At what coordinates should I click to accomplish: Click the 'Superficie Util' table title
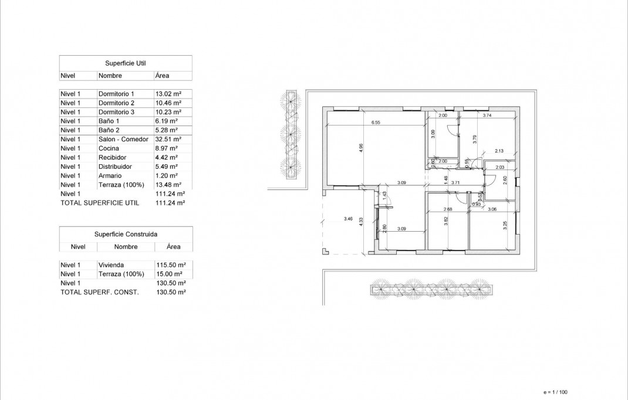point(126,63)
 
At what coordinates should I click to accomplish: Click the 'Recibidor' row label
point(112,158)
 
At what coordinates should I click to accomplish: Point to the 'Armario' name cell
point(110,176)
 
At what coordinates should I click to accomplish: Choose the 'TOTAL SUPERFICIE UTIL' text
point(100,203)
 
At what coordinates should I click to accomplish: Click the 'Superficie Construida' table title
point(126,233)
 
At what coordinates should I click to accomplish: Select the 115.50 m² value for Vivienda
point(170,265)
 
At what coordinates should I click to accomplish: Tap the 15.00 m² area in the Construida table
point(168,274)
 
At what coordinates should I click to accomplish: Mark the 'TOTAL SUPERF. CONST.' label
point(100,292)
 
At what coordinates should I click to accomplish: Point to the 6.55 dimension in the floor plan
point(376,123)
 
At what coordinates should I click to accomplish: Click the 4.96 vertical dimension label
point(361,148)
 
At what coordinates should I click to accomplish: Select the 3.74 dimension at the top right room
point(487,116)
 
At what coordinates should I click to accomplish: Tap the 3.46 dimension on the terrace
point(348,219)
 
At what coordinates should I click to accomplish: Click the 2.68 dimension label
point(448,209)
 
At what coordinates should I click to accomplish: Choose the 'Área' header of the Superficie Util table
point(163,76)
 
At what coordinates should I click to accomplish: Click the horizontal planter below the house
point(432,289)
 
